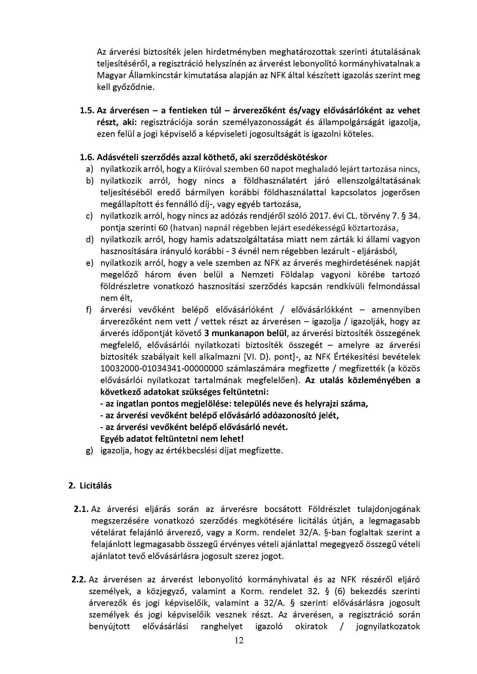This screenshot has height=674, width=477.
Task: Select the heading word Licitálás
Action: pyautogui.click(x=96, y=485)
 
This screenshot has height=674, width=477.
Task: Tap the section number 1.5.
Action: pyautogui.click(x=87, y=111)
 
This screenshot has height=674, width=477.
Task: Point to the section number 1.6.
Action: pyautogui.click(x=87, y=157)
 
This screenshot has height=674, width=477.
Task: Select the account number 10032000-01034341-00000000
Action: pyautogui.click(x=162, y=369)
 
